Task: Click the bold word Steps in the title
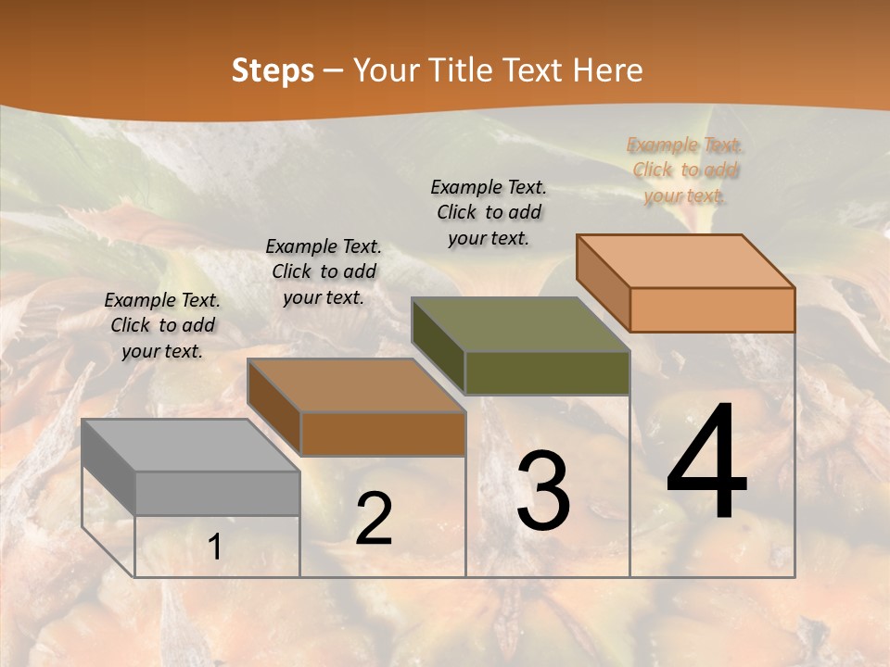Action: [x=273, y=70]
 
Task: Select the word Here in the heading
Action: [x=607, y=70]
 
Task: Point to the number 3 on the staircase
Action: [x=543, y=492]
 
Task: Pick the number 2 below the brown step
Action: [x=374, y=520]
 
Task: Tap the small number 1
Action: [x=214, y=547]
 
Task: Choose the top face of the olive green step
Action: [x=520, y=324]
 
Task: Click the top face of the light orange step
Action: [x=685, y=261]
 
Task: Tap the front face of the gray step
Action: [x=218, y=493]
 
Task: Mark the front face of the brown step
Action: [x=383, y=434]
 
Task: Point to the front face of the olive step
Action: [x=547, y=372]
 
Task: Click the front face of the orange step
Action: [x=712, y=309]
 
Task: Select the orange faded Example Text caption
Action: [x=684, y=170]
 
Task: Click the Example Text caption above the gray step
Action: [x=162, y=325]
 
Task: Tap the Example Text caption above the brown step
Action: [x=324, y=271]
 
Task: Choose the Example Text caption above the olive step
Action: [x=489, y=212]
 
